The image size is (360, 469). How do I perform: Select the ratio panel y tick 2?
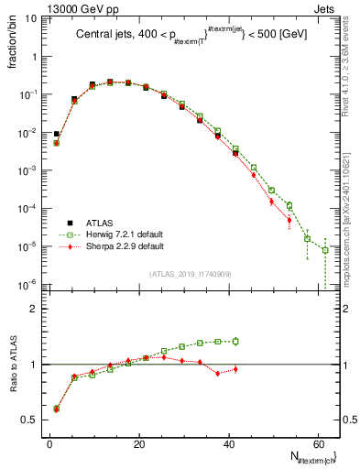coord(31,309)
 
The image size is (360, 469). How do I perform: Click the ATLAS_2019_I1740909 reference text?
coord(189,275)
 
